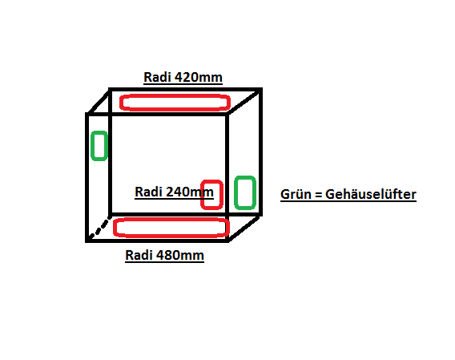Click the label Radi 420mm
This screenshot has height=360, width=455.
[183, 77]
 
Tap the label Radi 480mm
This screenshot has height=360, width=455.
[164, 256]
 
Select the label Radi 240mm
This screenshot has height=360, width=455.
[174, 192]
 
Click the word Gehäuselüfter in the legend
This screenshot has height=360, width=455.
[371, 194]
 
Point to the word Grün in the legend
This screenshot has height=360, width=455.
[296, 194]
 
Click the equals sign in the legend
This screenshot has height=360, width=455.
[318, 195]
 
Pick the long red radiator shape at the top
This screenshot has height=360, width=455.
[175, 95]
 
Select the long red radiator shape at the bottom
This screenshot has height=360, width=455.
[171, 220]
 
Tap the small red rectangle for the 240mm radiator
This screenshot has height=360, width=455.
[211, 181]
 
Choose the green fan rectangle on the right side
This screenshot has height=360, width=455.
[245, 177]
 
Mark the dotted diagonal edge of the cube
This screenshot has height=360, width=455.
[99, 229]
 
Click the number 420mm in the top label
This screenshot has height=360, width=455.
[199, 77]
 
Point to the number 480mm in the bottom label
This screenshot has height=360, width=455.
[180, 256]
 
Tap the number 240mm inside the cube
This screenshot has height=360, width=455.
[190, 192]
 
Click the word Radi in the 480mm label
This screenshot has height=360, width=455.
[139, 256]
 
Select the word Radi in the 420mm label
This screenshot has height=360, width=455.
[158, 77]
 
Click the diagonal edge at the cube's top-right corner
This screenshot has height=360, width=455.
[244, 102]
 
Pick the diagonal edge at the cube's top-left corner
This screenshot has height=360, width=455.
[99, 102]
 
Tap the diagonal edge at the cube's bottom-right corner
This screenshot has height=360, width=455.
[244, 229]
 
